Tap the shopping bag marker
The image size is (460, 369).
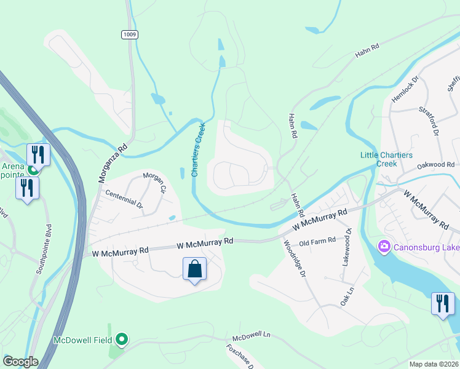pos(194,269)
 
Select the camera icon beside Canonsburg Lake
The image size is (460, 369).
pos(384,247)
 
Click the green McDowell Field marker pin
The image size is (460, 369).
pos(122,339)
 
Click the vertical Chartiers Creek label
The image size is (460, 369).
pos(198,149)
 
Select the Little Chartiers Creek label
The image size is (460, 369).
pos(387,159)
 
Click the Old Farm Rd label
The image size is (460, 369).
pos(317,240)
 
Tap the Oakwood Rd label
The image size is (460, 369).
pos(435,165)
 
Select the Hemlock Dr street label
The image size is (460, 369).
pos(405,89)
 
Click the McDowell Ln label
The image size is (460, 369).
pos(251,339)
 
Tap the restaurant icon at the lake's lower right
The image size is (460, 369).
pos(442,303)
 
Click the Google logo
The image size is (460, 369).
pos(20,362)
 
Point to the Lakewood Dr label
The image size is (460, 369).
pos(347,247)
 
